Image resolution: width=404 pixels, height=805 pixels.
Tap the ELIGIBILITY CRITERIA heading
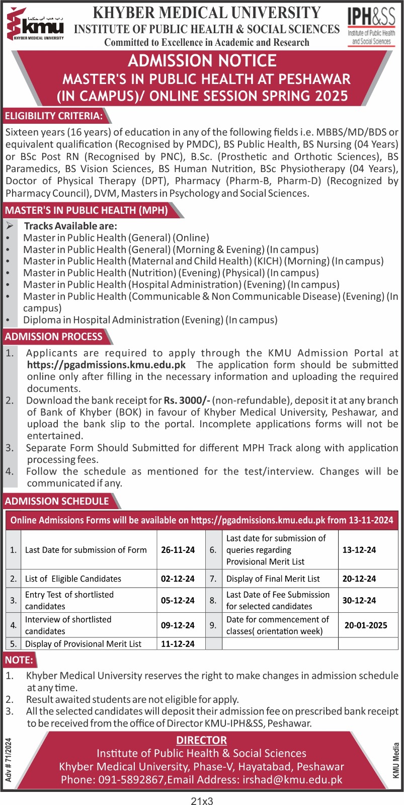pyautogui.click(x=53, y=116)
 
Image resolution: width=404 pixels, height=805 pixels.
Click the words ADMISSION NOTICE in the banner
pyautogui.click(x=202, y=61)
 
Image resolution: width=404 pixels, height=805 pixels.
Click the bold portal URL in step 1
pyautogui.click(x=106, y=365)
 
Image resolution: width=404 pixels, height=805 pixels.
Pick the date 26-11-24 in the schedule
pyautogui.click(x=178, y=550)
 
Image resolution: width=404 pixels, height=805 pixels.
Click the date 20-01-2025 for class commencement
pyautogui.click(x=366, y=625)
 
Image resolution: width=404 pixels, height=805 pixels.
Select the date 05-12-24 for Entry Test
pyautogui.click(x=178, y=600)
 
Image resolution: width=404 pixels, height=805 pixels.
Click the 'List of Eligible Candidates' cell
pyautogui.click(x=73, y=579)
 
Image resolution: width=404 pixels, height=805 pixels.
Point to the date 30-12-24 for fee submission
pyautogui.click(x=359, y=600)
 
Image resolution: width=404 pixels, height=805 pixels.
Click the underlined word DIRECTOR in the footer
pyautogui.click(x=201, y=740)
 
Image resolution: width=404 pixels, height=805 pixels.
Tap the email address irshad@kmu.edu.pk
pyautogui.click(x=292, y=779)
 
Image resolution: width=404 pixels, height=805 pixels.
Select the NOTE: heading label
pyautogui.click(x=19, y=660)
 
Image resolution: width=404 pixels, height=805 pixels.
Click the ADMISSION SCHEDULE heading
pyautogui.click(x=57, y=501)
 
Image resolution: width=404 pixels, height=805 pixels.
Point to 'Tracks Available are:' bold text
pyautogui.click(x=70, y=226)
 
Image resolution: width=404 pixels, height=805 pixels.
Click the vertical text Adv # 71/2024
pyautogui.click(x=9, y=759)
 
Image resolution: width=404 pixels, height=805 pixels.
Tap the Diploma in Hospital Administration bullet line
pyautogui.click(x=150, y=320)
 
